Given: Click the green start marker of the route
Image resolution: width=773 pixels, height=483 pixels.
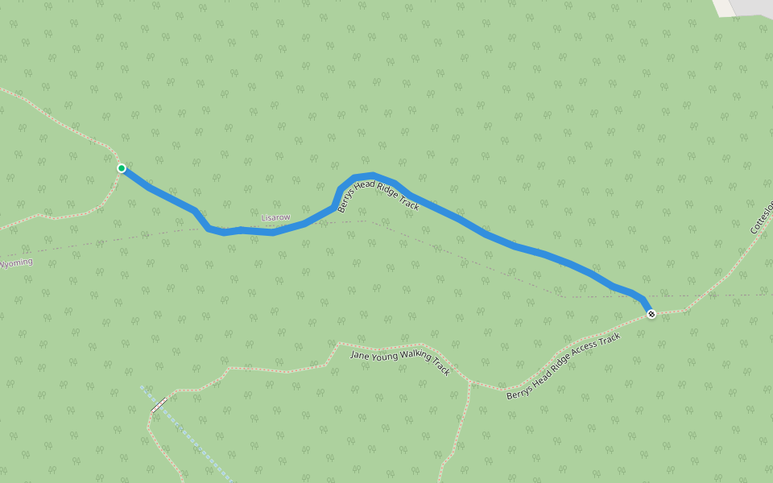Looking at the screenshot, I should click(121, 168).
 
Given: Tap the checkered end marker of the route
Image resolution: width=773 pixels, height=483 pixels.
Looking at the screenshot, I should click(651, 313).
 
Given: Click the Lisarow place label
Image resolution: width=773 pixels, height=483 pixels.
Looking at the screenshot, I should click(275, 217).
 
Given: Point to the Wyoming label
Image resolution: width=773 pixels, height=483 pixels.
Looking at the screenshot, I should click(16, 263).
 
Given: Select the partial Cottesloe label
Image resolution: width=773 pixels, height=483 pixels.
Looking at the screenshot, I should click(762, 217).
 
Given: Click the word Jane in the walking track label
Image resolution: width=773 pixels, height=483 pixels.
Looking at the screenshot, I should click(359, 354).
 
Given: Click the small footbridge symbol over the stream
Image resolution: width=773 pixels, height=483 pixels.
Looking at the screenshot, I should click(159, 404).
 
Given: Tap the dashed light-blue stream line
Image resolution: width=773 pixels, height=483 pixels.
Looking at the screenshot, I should click(193, 440).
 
